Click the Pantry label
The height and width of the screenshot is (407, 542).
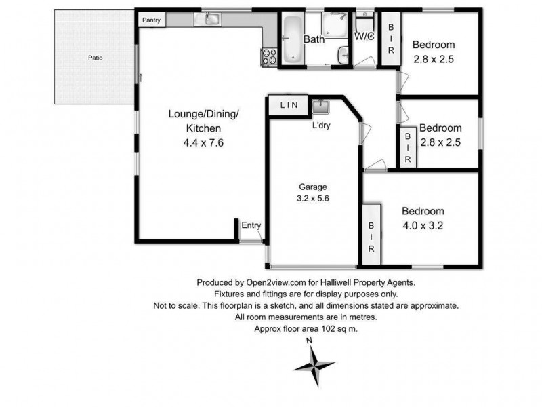[150, 20]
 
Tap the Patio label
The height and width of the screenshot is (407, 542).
[96, 58]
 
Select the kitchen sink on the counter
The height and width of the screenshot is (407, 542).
[209, 20]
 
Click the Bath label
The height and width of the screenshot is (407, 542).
[314, 40]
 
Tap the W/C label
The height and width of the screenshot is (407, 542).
[364, 36]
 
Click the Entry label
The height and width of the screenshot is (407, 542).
[250, 226]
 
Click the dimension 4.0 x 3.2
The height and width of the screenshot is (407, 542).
[422, 225]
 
